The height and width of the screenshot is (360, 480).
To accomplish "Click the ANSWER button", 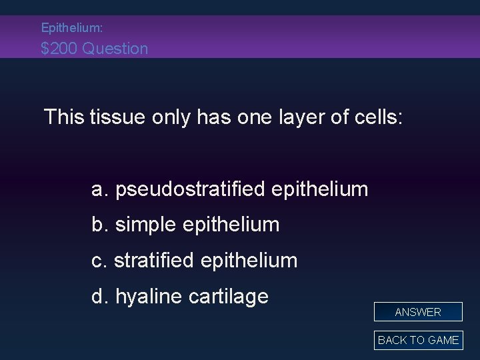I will coord(418,311).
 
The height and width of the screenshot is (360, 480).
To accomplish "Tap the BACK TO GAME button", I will coord(418,340).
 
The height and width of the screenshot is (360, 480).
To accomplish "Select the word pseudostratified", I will coord(191,189).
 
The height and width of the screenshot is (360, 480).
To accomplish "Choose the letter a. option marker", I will coord(101,190).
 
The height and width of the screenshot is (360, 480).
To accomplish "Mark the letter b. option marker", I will coord(101,225).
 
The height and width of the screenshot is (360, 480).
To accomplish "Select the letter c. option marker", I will coord(100,261).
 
